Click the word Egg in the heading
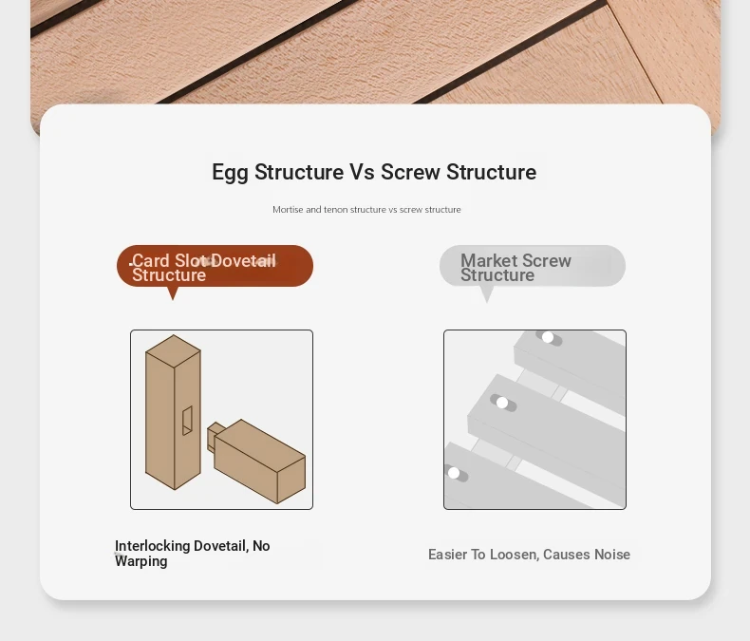point(230,173)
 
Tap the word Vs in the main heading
point(362,172)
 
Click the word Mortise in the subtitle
point(288,210)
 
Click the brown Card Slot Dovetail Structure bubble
point(215,266)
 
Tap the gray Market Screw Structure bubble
point(533,266)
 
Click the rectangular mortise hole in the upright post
point(188,421)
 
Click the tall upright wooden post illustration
point(173,412)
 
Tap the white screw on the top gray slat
point(548,337)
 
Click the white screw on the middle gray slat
point(502,403)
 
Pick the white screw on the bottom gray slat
point(454,473)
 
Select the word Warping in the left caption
point(141,561)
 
